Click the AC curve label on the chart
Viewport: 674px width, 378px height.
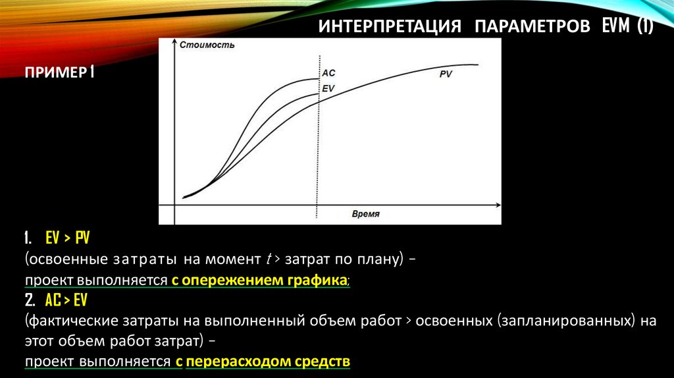pyautogui.click(x=328, y=73)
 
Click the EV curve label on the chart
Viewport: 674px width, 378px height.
pyautogui.click(x=328, y=88)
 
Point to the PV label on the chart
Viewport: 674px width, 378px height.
pyautogui.click(x=446, y=74)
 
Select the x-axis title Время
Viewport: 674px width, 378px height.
pyautogui.click(x=366, y=215)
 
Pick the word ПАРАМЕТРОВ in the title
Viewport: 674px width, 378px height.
pyautogui.click(x=532, y=28)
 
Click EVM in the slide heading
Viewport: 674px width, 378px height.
pyautogui.click(x=617, y=27)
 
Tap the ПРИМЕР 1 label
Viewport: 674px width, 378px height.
pyautogui.click(x=59, y=71)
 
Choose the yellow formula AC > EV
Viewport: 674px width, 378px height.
pyautogui.click(x=66, y=301)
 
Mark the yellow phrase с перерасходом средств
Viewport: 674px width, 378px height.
pyautogui.click(x=263, y=362)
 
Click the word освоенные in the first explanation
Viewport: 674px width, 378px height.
pyautogui.click(x=63, y=259)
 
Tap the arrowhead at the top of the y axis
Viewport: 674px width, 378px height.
pyautogui.click(x=174, y=43)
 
